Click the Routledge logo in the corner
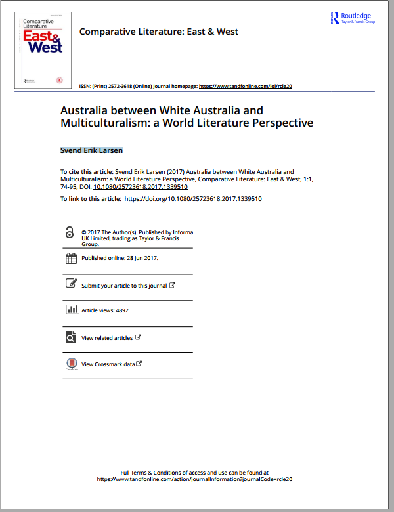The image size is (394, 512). [x=352, y=18]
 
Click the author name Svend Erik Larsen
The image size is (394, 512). [x=91, y=150]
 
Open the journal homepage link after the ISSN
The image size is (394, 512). [x=245, y=86]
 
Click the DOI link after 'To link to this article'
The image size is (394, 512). [x=193, y=198]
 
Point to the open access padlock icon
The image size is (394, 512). [x=70, y=233]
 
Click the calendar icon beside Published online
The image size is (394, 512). [x=71, y=258]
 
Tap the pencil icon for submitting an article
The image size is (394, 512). [x=71, y=284]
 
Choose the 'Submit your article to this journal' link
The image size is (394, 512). [x=125, y=286]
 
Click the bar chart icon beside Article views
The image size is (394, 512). [x=71, y=310]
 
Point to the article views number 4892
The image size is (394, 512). [x=121, y=310]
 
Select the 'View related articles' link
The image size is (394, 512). [x=107, y=338]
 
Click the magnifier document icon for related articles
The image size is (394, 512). [x=71, y=337]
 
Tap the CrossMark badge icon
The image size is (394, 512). [x=71, y=364]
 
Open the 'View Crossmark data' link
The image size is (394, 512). [x=108, y=364]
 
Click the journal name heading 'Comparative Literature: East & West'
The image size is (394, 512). [x=158, y=32]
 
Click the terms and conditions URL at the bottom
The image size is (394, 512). [x=194, y=479]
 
